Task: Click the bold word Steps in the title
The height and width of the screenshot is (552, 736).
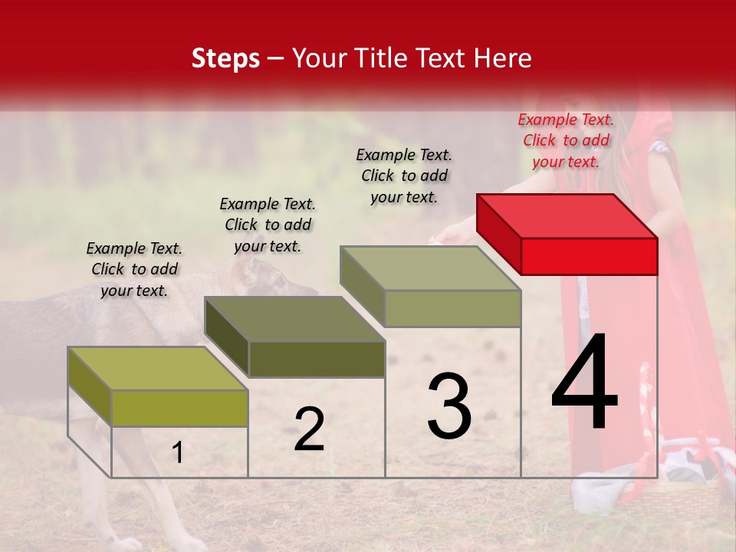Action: pos(225,58)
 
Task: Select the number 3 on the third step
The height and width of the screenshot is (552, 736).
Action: pos(449,406)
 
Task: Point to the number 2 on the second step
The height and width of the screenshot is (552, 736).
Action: pos(309,429)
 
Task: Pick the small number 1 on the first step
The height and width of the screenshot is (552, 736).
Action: pos(177,453)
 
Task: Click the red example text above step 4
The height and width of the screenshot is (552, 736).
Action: pos(566,140)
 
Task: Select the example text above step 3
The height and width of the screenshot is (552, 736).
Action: pos(404,176)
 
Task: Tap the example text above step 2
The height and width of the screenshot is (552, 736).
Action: pos(268,225)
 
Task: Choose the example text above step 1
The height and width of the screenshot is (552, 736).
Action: pos(134,269)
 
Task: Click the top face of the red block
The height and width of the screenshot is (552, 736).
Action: pos(567,215)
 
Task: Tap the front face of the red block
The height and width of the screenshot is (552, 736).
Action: pos(589,256)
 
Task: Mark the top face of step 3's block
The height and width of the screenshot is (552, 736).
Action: pos(430,268)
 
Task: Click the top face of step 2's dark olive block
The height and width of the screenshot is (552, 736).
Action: pos(294,318)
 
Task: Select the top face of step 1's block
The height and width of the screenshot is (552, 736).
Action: pos(158,368)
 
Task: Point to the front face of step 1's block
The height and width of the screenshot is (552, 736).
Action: pos(179,408)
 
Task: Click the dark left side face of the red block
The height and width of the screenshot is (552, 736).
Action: pos(498,234)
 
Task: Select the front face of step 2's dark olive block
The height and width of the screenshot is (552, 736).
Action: pos(316,359)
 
